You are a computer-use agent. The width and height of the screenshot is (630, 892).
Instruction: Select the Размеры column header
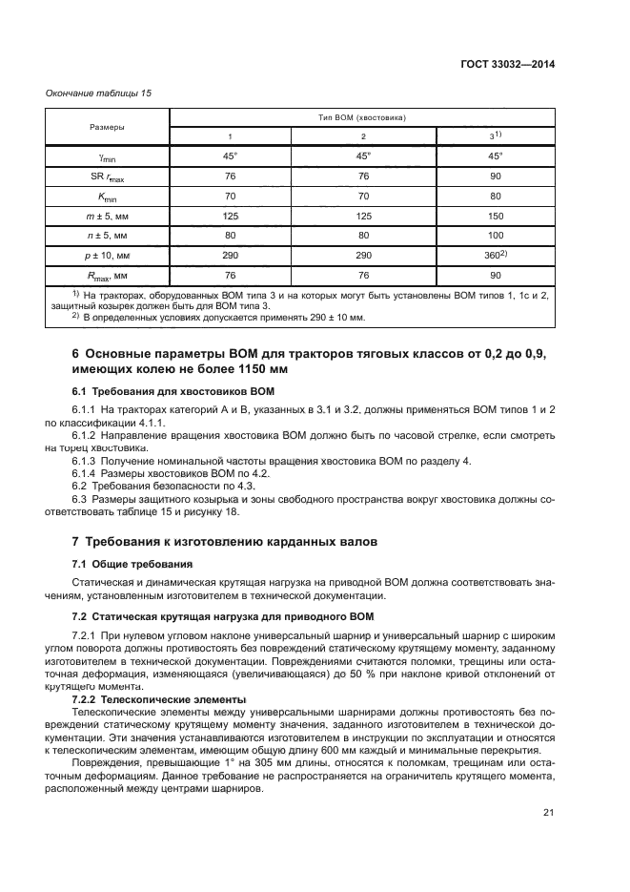click(107, 126)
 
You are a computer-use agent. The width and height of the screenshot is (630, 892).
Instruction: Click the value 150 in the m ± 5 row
click(495, 216)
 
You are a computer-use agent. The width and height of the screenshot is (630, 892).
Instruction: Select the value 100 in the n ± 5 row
click(495, 236)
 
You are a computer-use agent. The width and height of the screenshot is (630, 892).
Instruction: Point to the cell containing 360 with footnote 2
click(495, 256)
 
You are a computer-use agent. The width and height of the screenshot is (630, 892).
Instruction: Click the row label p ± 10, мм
click(107, 257)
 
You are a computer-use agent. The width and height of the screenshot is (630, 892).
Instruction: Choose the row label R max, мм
click(107, 277)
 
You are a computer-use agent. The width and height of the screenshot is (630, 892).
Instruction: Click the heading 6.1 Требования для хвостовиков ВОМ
click(173, 391)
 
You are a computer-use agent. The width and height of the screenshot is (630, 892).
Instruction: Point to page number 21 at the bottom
click(547, 813)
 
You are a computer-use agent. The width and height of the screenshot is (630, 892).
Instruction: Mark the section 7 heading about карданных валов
click(224, 541)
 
